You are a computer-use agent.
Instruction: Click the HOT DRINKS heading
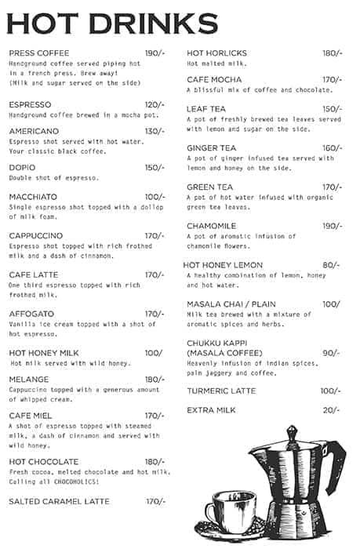[x=111, y=24]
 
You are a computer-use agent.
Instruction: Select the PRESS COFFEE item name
[x=39, y=53]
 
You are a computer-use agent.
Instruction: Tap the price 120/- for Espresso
[x=155, y=104]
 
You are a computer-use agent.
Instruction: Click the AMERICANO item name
[x=34, y=131]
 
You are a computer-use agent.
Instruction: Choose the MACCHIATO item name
[x=33, y=196]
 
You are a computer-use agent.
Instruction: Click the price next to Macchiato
[x=155, y=196]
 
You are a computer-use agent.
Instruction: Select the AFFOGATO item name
[x=32, y=314]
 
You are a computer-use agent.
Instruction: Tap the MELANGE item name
[x=29, y=380]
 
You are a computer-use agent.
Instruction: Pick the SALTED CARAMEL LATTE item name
[x=60, y=500]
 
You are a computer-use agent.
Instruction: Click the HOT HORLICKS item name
[x=216, y=53]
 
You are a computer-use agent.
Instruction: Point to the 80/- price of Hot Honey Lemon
[x=331, y=265]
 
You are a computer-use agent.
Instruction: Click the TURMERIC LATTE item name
[x=221, y=391]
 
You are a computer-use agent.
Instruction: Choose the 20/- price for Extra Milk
[x=331, y=410]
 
